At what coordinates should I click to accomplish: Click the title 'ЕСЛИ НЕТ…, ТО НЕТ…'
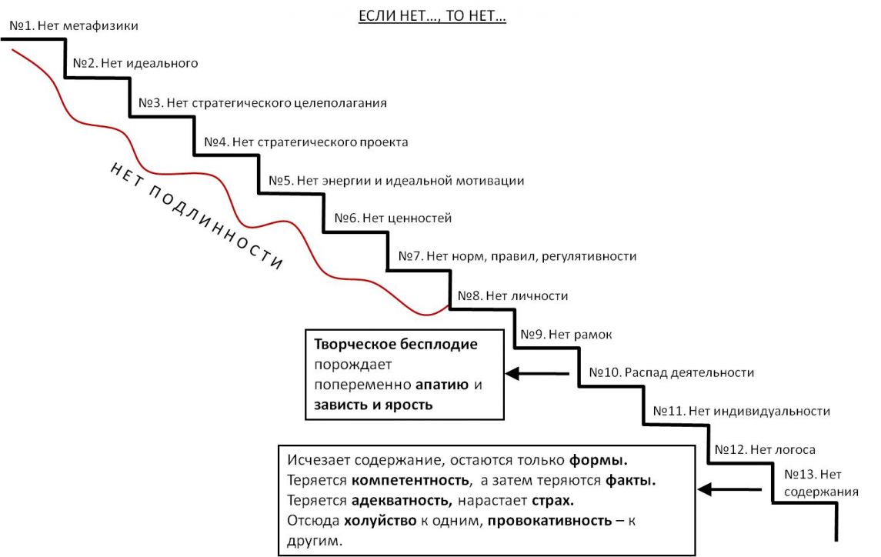coord(432,15)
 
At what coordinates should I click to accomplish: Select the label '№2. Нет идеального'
coord(135,63)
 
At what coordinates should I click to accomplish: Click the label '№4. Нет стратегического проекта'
coord(305,142)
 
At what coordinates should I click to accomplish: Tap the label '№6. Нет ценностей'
coord(392,218)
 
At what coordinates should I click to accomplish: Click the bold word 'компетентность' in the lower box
coord(410,481)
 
